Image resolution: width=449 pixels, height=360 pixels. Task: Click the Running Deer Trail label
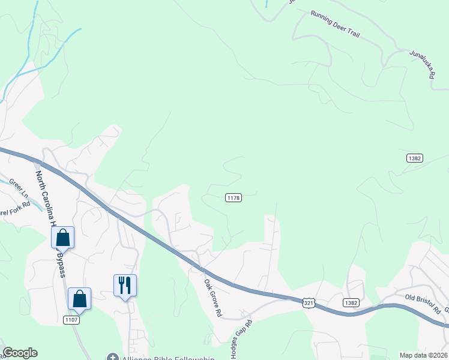(x=335, y=24)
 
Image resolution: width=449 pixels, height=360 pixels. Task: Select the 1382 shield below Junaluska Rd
(x=414, y=158)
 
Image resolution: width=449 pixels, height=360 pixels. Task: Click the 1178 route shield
(x=234, y=197)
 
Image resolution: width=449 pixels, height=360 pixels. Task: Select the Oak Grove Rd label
(x=213, y=298)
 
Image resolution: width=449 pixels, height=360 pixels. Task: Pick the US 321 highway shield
(x=309, y=303)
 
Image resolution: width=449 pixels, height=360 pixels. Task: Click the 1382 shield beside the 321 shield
(x=352, y=303)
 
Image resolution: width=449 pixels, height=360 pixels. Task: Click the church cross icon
(x=113, y=356)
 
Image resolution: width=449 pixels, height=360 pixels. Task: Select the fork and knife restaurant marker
(x=125, y=285)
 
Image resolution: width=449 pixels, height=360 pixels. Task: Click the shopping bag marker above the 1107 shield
(x=79, y=299)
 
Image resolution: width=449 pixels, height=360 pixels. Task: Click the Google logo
(x=20, y=353)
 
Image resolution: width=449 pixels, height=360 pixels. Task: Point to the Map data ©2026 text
(x=424, y=355)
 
